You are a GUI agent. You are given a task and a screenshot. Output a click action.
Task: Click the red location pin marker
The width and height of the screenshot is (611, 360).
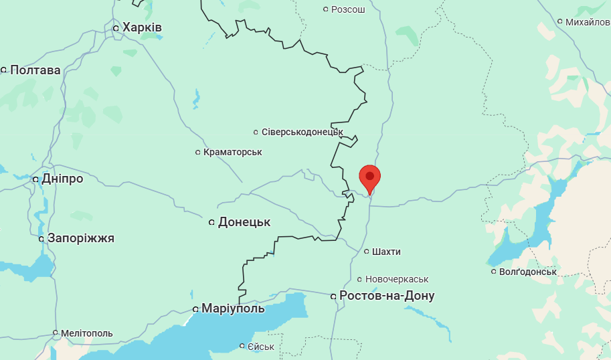[369, 178]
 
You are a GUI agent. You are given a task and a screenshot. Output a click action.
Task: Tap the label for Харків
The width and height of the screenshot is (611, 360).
[142, 27]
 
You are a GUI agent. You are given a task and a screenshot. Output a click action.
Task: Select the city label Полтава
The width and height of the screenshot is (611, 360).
[35, 70]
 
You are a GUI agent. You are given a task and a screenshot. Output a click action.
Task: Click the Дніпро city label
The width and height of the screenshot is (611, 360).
[62, 179]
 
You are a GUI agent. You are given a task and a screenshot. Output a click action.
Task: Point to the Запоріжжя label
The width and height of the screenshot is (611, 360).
[81, 238]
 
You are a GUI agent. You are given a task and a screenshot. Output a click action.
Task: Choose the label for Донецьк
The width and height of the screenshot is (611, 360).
[244, 222]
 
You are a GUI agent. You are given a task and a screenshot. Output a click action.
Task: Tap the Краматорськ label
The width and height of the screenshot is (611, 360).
[232, 153]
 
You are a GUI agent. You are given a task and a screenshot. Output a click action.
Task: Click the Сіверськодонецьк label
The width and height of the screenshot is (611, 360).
[302, 132]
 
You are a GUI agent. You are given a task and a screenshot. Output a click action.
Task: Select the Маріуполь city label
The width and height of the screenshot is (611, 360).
[234, 308]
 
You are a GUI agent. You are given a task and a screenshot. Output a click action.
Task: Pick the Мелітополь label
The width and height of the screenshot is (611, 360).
[86, 333]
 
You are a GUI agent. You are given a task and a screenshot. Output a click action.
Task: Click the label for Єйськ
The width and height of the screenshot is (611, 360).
[261, 346]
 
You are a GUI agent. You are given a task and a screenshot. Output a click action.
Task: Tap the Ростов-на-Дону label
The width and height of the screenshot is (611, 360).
[387, 296]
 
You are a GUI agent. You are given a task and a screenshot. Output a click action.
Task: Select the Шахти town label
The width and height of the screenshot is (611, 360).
[387, 252]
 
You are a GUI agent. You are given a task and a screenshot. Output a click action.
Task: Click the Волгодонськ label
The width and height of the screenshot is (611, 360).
[528, 272]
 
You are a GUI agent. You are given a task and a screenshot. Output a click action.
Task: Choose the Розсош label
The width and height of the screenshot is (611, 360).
[348, 9]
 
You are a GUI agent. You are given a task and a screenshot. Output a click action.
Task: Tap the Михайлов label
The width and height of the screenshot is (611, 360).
[588, 22]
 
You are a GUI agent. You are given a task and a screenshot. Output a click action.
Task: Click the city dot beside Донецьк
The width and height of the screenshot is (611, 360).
[212, 222]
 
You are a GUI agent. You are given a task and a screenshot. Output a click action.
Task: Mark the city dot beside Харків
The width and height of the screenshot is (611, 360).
[116, 28]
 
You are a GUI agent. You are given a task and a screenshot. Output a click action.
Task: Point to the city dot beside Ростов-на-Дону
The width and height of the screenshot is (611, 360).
[333, 296]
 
